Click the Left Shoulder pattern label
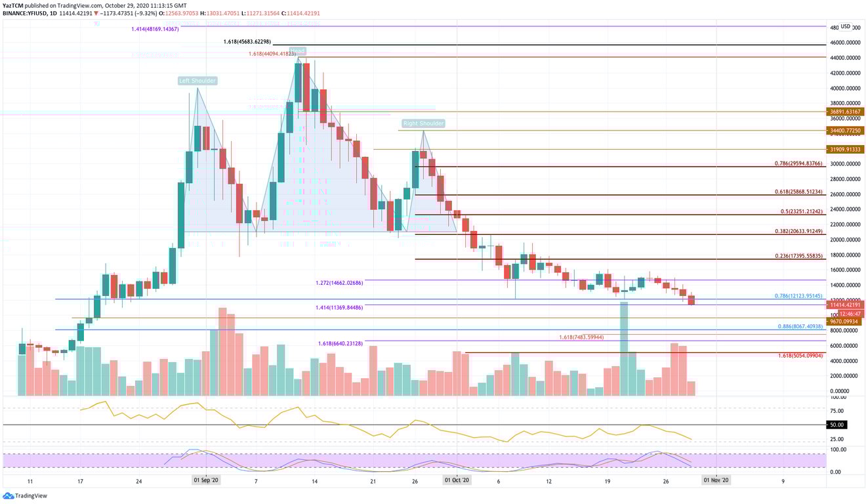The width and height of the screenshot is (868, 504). pyautogui.click(x=197, y=81)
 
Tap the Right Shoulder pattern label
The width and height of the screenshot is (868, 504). pyautogui.click(x=423, y=123)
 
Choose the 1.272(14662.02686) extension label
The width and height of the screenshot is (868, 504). pyautogui.click(x=339, y=283)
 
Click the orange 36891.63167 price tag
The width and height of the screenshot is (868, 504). pyautogui.click(x=846, y=112)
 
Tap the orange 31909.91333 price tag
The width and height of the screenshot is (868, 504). pyautogui.click(x=846, y=149)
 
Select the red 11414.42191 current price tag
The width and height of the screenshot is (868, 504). pyautogui.click(x=846, y=305)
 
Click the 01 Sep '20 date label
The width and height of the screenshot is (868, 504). pyautogui.click(x=205, y=481)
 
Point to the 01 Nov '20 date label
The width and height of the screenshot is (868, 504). pyautogui.click(x=715, y=481)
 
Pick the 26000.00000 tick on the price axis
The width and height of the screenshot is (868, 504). pyautogui.click(x=844, y=194)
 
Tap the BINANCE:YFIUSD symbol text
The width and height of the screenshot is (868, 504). pyautogui.click(x=25, y=13)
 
